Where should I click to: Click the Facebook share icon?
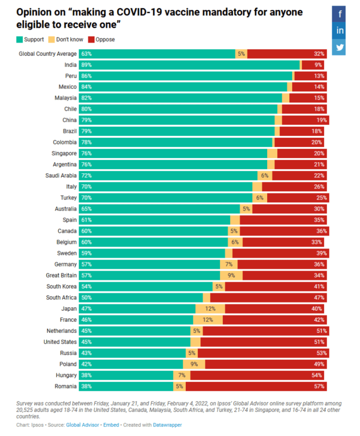tap(340, 14)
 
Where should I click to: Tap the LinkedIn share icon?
tap(340, 31)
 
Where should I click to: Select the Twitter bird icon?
tap(340, 47)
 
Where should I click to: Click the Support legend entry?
tap(30, 40)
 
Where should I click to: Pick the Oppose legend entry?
tap(102, 40)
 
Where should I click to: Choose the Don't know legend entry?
tap(66, 40)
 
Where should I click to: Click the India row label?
tap(71, 65)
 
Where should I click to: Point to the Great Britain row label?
tap(61, 275)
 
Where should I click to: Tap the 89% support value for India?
tap(86, 65)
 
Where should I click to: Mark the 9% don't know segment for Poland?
tap(194, 364)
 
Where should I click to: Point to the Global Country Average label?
tap(48, 54)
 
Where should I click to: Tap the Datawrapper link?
tap(167, 425)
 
